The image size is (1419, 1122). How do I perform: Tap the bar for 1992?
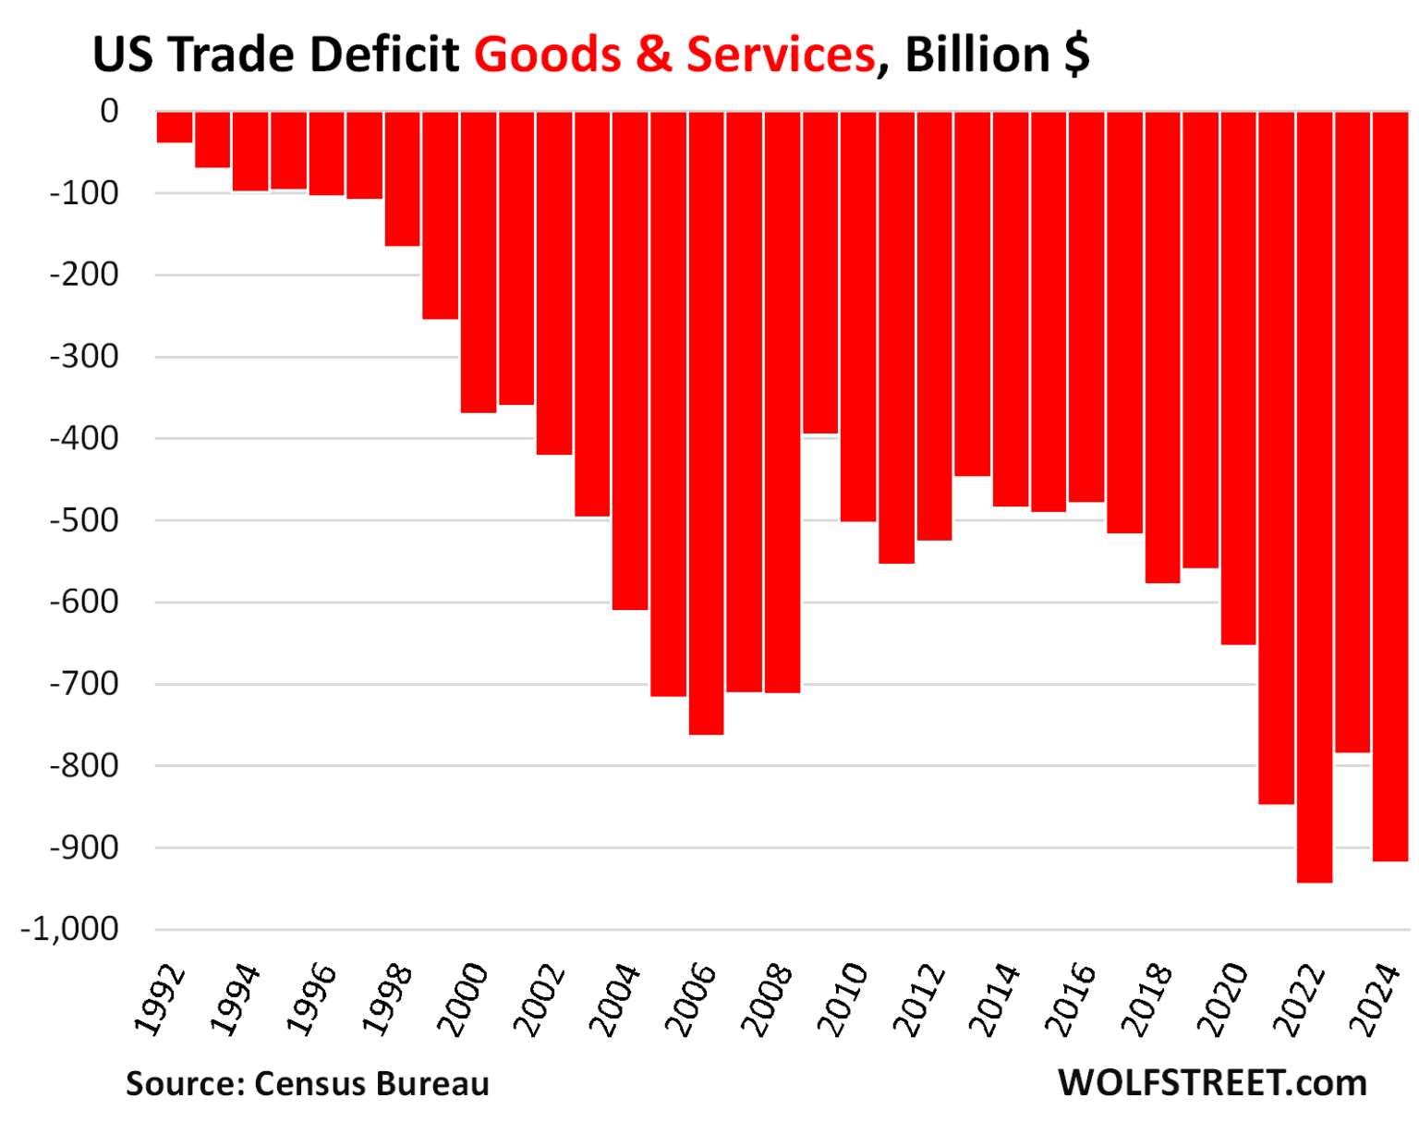tap(175, 127)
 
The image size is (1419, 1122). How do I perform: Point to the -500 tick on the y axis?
tap(84, 520)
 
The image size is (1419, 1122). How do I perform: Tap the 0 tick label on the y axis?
tap(109, 111)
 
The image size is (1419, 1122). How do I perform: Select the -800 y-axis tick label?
tap(84, 766)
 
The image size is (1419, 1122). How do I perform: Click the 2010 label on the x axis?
tap(843, 998)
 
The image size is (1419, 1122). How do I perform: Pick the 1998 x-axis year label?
tap(388, 998)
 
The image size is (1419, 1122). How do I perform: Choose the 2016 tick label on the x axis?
tap(1072, 998)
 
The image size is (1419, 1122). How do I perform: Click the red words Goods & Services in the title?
tap(674, 55)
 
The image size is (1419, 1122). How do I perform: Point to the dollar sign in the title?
tap(1076, 55)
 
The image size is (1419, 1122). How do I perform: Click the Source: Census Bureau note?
tap(308, 1083)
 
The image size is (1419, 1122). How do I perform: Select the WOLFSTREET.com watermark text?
tap(1212, 1082)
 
